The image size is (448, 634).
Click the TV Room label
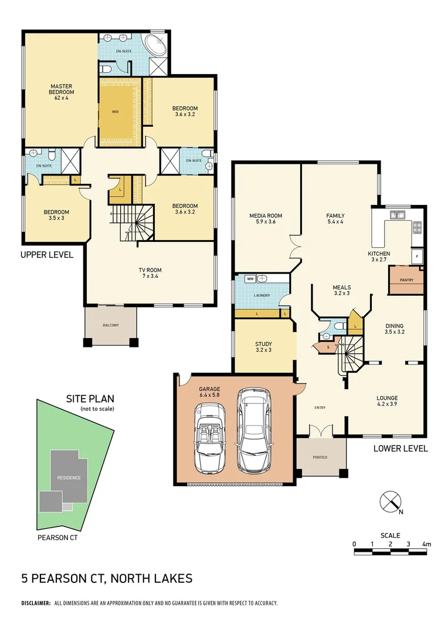point(149,271)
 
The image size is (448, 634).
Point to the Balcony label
point(110,325)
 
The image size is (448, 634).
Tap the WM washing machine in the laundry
point(250,279)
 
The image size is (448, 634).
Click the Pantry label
point(406,280)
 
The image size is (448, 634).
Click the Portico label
point(320,457)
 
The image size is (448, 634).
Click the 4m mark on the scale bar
point(427,544)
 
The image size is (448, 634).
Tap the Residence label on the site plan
point(69,477)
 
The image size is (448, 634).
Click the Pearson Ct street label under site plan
point(57,537)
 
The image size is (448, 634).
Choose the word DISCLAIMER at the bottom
point(36,603)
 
